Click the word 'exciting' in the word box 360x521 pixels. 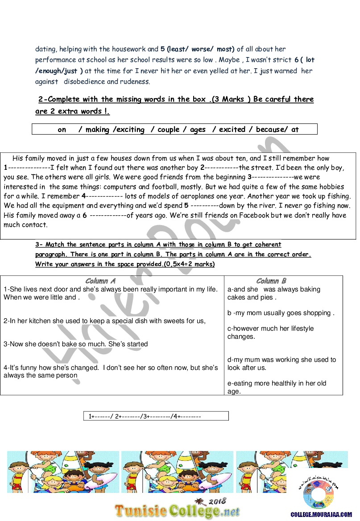point(130,130)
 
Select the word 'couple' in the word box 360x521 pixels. point(168,130)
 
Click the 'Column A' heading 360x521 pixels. point(100,281)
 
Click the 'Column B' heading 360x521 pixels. point(271,281)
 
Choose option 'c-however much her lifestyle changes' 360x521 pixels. point(270,332)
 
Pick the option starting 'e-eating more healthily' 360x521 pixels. point(277,387)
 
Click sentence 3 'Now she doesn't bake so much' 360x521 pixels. point(76,344)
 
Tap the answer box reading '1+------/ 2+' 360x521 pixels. point(156,416)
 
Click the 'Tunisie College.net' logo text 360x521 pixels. point(177,511)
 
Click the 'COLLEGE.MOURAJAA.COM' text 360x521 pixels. point(321,514)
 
